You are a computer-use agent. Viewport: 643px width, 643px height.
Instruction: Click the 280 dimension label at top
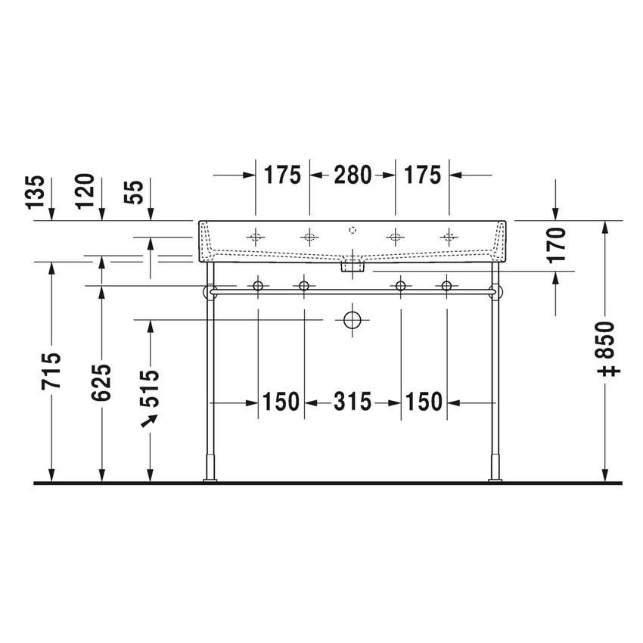[x=353, y=175]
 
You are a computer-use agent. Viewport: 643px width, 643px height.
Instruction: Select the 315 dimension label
[x=353, y=402]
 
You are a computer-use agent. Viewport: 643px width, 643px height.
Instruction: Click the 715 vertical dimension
[x=51, y=371]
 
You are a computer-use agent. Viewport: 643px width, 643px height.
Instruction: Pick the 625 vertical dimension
[x=102, y=382]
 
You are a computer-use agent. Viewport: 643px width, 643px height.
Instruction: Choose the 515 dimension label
[x=151, y=387]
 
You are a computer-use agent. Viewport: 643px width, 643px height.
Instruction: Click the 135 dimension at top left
[x=36, y=192]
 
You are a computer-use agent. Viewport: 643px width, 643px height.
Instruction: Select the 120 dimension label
[x=86, y=191]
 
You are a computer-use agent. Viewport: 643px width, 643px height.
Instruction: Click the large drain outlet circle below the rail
[x=353, y=320]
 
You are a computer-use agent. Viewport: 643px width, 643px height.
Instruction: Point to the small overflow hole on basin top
[x=353, y=228]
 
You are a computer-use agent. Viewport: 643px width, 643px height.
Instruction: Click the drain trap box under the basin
[x=353, y=266]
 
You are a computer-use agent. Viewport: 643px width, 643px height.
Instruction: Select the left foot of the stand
[x=210, y=478]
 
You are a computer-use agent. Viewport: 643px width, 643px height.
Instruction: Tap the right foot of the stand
[x=495, y=478]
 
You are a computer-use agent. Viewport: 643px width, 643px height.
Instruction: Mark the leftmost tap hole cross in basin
[x=256, y=238]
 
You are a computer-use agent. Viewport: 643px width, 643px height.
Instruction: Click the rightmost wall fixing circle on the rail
[x=446, y=285]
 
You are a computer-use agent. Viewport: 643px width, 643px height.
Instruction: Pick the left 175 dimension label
[x=282, y=175]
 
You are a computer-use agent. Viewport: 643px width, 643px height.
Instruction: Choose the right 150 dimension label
[x=424, y=402]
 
